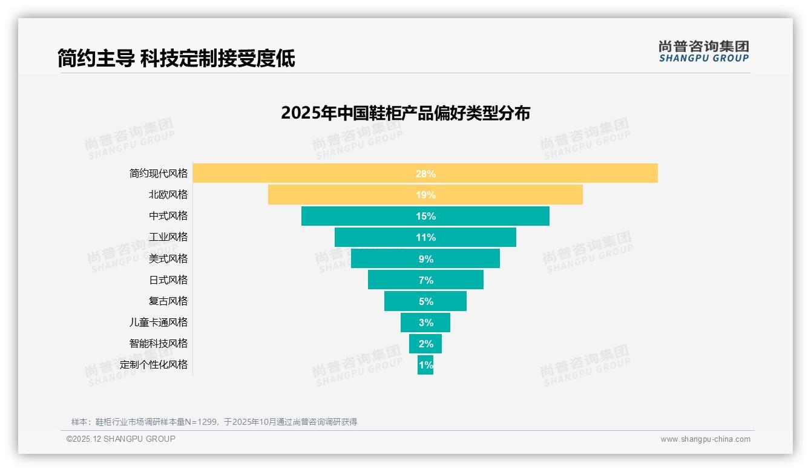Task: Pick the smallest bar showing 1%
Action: click(x=425, y=365)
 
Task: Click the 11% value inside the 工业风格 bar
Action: click(x=425, y=237)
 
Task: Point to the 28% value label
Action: click(x=425, y=174)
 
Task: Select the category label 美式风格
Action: click(x=168, y=258)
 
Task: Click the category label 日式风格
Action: click(x=168, y=280)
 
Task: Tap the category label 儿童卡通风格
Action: click(x=159, y=322)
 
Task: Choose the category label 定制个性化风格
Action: click(x=154, y=364)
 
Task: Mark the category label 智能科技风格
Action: click(x=159, y=343)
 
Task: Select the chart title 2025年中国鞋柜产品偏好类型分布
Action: click(x=405, y=113)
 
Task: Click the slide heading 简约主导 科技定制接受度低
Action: click(x=176, y=59)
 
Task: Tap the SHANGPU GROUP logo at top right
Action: click(x=704, y=51)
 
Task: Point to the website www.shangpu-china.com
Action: click(x=705, y=439)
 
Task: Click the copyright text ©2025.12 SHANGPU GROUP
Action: click(x=120, y=439)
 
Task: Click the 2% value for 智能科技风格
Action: click(x=425, y=344)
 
